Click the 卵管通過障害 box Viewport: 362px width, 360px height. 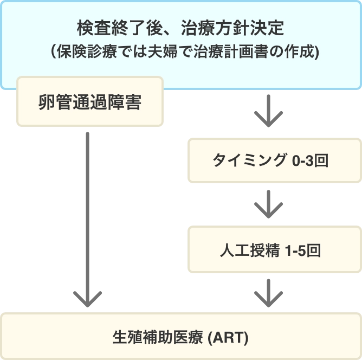point(89,102)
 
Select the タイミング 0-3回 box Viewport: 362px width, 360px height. point(274,160)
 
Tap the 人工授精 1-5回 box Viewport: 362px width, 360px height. point(274,250)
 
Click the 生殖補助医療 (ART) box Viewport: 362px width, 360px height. point(181,336)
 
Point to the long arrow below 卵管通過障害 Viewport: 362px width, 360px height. point(86,217)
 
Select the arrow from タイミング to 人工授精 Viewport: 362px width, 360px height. point(268,203)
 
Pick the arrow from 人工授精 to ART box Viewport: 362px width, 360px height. point(268,292)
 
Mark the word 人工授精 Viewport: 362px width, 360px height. point(250,250)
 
